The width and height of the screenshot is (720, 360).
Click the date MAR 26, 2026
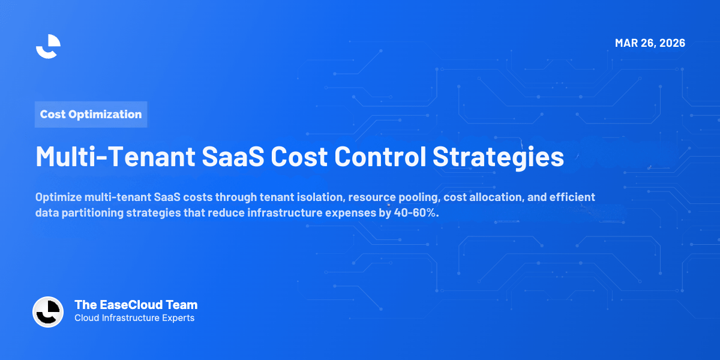coord(650,43)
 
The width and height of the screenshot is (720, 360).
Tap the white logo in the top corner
coord(48,46)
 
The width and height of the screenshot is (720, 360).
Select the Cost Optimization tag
coord(91,114)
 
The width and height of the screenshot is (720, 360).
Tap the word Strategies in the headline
coord(498,157)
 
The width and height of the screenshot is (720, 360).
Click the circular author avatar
coord(48,312)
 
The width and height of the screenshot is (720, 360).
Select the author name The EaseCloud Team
coord(136,305)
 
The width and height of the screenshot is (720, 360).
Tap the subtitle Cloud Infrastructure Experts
coord(134,318)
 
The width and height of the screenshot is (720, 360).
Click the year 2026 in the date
coord(671,43)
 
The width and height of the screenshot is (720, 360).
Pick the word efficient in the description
coord(572,197)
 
